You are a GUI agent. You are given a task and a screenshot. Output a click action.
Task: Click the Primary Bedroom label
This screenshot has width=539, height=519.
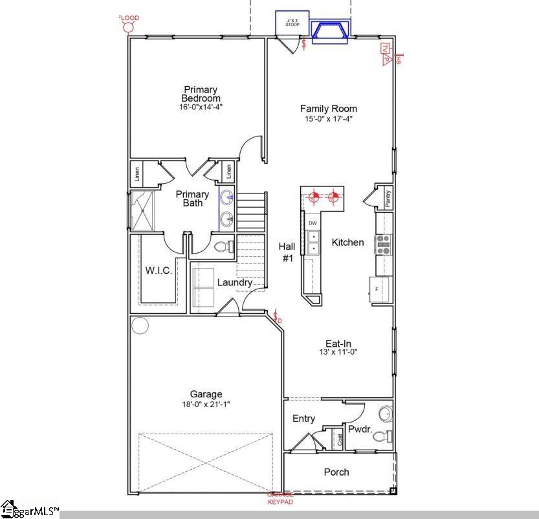pos(201,94)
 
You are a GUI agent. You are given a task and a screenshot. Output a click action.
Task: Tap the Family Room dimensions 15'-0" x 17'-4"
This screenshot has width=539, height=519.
pos(329,118)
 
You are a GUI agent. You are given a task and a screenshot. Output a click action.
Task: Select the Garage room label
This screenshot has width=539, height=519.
pos(206,394)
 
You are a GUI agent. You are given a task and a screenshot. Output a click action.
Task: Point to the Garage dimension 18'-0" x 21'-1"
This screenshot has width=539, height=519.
pos(206,404)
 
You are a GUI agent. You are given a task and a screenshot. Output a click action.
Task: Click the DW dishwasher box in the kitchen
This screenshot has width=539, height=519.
pos(313,223)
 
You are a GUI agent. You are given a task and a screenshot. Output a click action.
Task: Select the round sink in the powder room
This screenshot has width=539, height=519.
pos(385,413)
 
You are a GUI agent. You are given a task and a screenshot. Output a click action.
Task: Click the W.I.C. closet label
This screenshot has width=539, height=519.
pos(159,271)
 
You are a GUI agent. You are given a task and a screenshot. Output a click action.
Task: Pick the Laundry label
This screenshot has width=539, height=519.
pos(234,283)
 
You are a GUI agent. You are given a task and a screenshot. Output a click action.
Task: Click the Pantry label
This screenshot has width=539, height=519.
pos(387,199)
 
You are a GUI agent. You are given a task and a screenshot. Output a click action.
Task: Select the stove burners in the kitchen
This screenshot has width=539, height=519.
pos(384,244)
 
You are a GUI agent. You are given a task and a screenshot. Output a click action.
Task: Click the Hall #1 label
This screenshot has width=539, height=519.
pos(287,252)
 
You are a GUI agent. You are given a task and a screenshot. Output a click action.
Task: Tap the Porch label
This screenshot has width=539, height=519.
pos(336,472)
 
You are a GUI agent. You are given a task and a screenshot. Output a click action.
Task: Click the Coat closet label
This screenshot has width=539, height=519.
pos(340,439)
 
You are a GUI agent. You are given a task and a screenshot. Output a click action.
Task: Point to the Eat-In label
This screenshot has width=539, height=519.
pos(338,344)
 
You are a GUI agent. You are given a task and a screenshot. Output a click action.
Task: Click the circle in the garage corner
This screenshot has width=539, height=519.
pos(140,325)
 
